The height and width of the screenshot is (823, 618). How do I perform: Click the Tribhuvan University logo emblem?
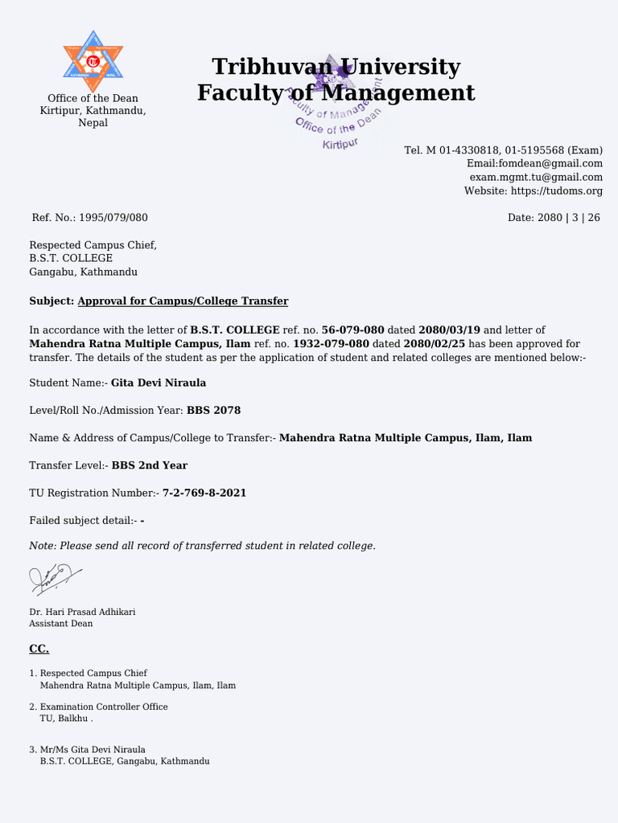coord(93,61)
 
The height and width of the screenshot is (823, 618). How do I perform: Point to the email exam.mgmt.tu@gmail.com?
coord(536,177)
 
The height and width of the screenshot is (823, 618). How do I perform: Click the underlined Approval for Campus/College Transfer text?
coord(183,301)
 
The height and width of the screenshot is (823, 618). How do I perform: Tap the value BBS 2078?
coord(213,411)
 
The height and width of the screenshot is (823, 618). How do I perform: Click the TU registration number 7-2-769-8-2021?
coord(204,493)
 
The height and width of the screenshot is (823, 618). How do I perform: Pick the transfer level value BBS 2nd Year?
coord(150,465)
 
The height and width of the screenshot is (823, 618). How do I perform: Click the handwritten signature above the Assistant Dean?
coord(55,578)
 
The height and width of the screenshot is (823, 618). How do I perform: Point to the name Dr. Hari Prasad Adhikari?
coord(82,612)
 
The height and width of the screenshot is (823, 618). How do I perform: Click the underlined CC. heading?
coord(39,649)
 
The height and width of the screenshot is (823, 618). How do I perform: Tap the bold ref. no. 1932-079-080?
coord(331,344)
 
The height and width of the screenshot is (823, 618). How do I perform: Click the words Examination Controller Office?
coord(104,706)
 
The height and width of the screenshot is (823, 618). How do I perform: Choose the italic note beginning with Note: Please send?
coord(202,546)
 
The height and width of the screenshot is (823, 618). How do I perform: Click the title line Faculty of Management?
coord(336,93)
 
